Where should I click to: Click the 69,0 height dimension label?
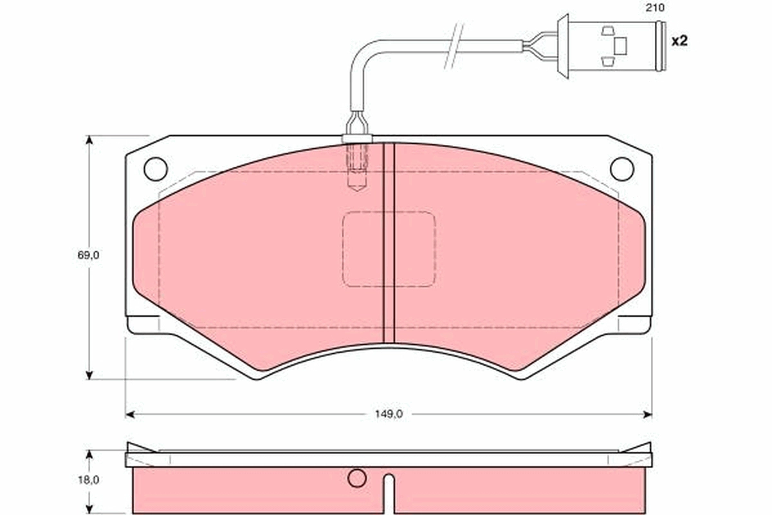[x=89, y=255]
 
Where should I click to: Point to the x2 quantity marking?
[x=679, y=41]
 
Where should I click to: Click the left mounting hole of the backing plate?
[x=156, y=169]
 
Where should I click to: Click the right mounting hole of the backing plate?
[x=621, y=169]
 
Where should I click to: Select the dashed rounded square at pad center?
[x=389, y=248]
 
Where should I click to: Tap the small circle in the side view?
[x=356, y=478]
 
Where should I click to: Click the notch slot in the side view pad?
[x=388, y=492]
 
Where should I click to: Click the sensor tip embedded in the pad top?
[x=357, y=167]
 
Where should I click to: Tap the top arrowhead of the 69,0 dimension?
[x=89, y=140]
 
